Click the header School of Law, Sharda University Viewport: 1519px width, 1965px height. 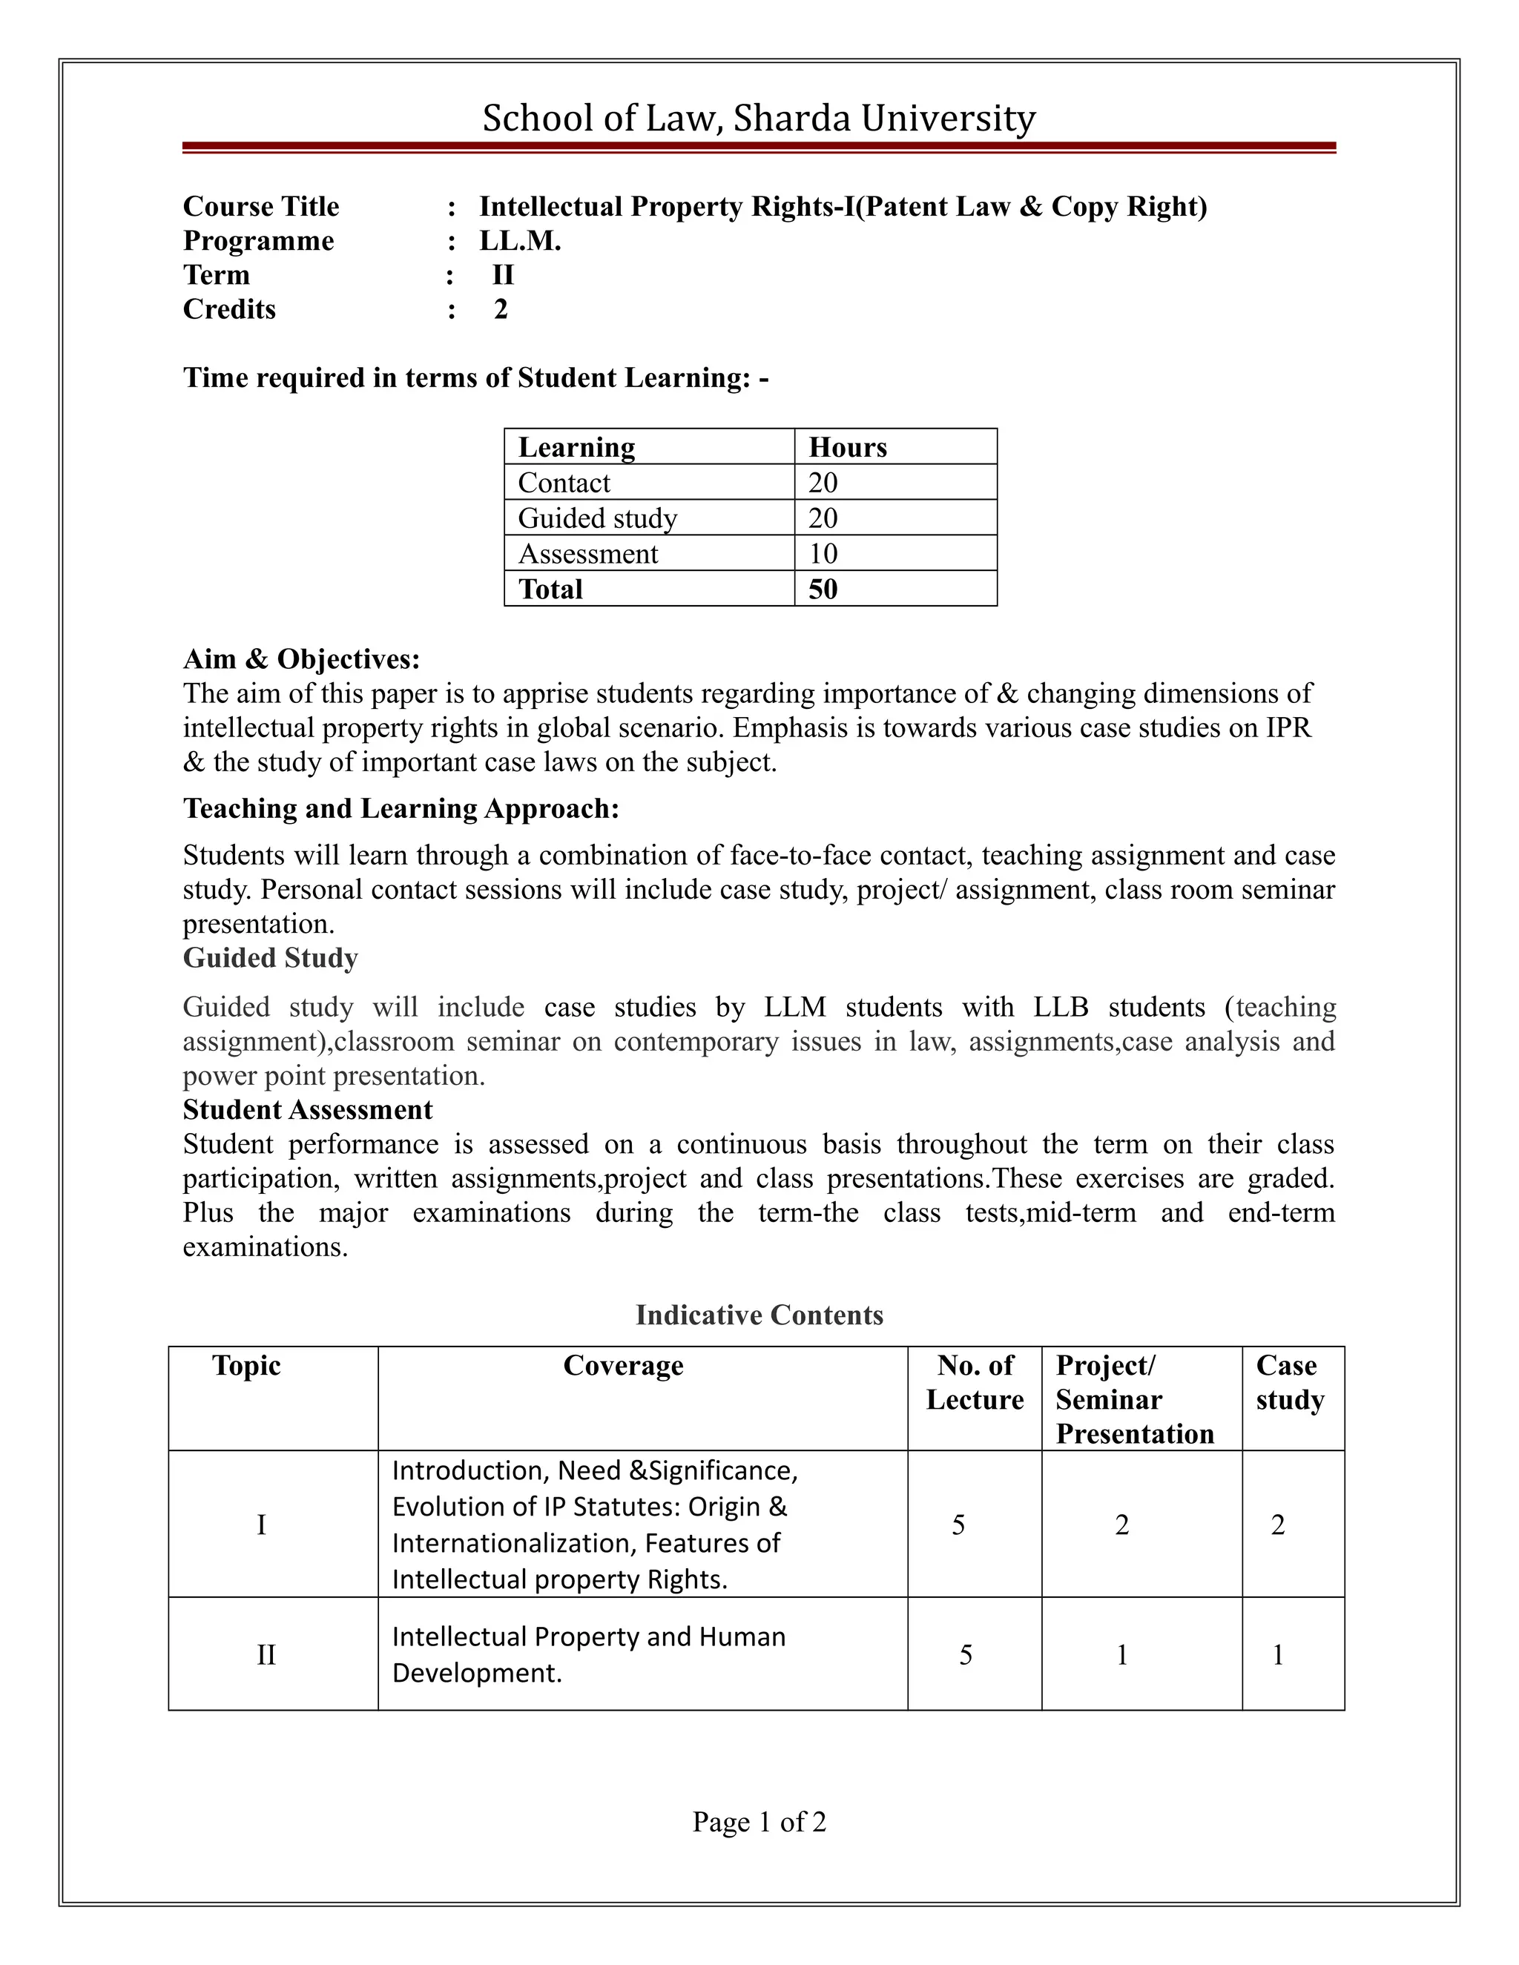pyautogui.click(x=759, y=118)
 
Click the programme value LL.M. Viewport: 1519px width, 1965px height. pyautogui.click(x=520, y=241)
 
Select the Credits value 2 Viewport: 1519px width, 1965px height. pyautogui.click(x=501, y=309)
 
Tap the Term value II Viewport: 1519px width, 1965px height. pyautogui.click(x=503, y=275)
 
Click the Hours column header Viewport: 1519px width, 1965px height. pyautogui.click(x=847, y=447)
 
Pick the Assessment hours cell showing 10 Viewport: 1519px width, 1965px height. pyautogui.click(x=823, y=553)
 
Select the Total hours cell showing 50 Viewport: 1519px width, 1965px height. pyautogui.click(x=823, y=589)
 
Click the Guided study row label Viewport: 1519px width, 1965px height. pyautogui.click(x=598, y=518)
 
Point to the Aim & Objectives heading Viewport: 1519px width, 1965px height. pyautogui.click(x=301, y=659)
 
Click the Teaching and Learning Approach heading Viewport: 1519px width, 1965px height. pyautogui.click(x=401, y=809)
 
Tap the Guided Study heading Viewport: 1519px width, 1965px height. pyautogui.click(x=270, y=958)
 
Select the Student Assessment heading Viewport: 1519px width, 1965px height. pyautogui.click(x=308, y=1110)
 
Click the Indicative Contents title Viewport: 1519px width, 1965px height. pyautogui.click(x=759, y=1315)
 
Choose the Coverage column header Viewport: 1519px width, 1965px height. pyautogui.click(x=623, y=1366)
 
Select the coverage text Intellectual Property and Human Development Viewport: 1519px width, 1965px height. pyautogui.click(x=587, y=1654)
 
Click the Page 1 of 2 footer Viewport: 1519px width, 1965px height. pyautogui.click(x=759, y=1822)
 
